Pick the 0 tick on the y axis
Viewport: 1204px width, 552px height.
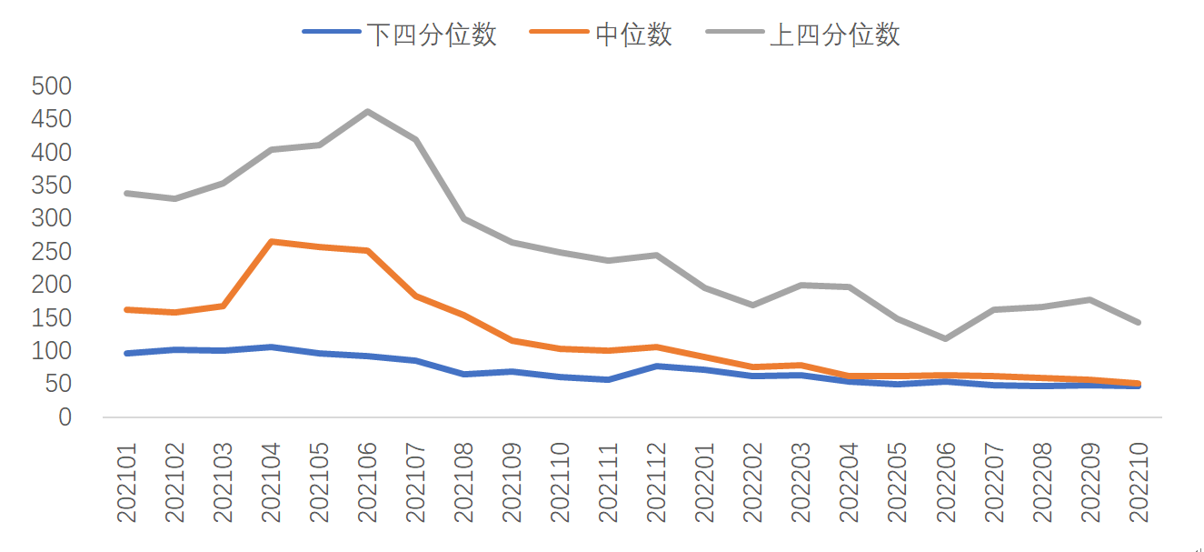(65, 417)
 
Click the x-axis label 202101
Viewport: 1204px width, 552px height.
(126, 483)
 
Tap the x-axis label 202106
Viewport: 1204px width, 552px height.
(367, 483)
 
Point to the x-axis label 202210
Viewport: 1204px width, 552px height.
(1138, 483)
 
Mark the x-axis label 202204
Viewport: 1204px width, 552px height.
(849, 483)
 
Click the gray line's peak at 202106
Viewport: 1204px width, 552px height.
(367, 112)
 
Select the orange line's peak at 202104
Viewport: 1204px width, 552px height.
(271, 242)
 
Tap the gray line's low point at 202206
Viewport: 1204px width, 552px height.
(945, 338)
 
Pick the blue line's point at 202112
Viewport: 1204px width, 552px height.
(656, 366)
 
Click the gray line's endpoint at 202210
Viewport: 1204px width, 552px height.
(1138, 322)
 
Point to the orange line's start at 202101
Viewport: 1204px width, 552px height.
(126, 309)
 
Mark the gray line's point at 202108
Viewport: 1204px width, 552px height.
(463, 218)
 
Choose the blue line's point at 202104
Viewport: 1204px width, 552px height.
(271, 346)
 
